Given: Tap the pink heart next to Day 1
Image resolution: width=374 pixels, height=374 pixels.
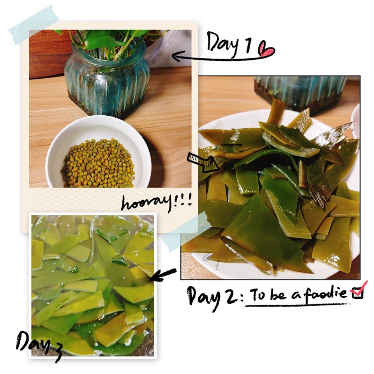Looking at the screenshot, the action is [266, 49].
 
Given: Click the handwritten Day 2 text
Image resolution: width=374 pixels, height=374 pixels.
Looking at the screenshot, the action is [212, 297].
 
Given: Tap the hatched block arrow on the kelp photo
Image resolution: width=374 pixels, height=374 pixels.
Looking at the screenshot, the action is [203, 162].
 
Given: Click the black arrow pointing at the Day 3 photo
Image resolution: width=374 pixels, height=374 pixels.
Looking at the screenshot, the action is [163, 275].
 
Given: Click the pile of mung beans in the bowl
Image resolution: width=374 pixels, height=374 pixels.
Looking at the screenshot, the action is [98, 163].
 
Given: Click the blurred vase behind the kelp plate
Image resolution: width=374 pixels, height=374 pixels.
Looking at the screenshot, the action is [300, 93].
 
